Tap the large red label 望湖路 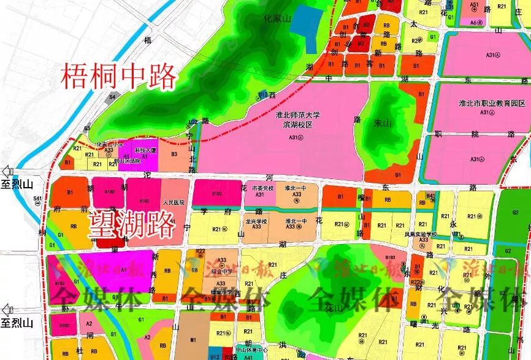pos(132,225)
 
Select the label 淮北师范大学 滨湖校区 pos(294,120)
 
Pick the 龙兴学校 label pos(256,221)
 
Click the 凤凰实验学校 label pos(421,234)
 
